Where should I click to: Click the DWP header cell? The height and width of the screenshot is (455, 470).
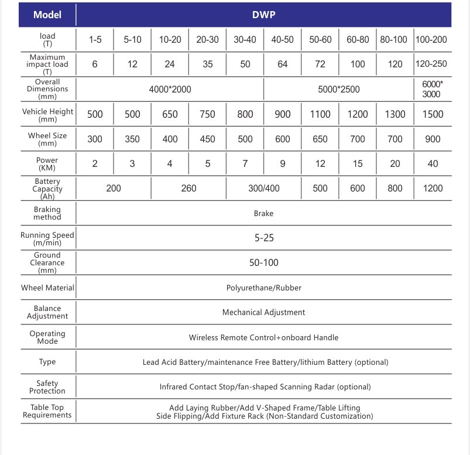(263, 15)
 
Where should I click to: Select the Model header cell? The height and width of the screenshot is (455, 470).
(47, 15)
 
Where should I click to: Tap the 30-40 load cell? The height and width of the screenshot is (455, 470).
(245, 40)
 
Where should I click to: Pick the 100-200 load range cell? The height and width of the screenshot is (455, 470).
(433, 40)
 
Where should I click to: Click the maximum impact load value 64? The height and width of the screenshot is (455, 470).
(283, 64)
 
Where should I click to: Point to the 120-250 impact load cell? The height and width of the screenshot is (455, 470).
(433, 64)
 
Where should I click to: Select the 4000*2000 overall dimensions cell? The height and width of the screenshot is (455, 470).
(170, 90)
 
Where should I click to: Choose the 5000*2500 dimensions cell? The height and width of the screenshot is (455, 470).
(338, 90)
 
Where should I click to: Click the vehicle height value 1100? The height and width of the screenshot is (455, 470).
(320, 114)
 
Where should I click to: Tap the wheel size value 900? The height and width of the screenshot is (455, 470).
(433, 139)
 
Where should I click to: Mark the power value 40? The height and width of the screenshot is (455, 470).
(433, 164)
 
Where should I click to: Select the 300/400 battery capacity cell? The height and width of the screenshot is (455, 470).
(263, 189)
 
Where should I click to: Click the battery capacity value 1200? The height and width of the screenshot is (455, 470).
(433, 189)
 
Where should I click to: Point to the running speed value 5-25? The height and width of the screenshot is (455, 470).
(263, 238)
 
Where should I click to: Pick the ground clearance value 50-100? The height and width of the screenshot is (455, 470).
(263, 263)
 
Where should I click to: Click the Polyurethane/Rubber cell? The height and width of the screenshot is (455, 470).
(263, 288)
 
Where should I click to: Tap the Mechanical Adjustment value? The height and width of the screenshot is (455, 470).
(263, 313)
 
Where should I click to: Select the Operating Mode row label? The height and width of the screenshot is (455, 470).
(47, 337)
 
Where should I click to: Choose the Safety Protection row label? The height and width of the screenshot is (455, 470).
(47, 387)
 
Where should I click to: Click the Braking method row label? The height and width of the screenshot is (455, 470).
(47, 213)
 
